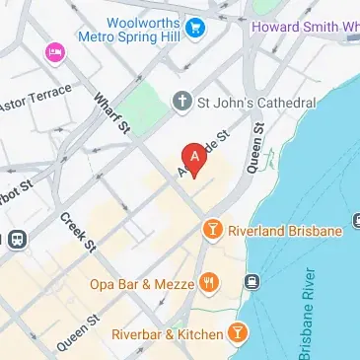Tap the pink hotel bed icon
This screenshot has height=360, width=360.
(x=53, y=50)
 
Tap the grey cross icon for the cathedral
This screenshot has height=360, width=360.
(x=181, y=101)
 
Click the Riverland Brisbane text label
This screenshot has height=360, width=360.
(x=285, y=231)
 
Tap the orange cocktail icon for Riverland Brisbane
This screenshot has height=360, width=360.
(x=211, y=231)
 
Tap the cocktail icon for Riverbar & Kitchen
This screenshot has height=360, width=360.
(x=238, y=333)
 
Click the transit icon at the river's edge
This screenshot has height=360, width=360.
(x=252, y=283)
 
